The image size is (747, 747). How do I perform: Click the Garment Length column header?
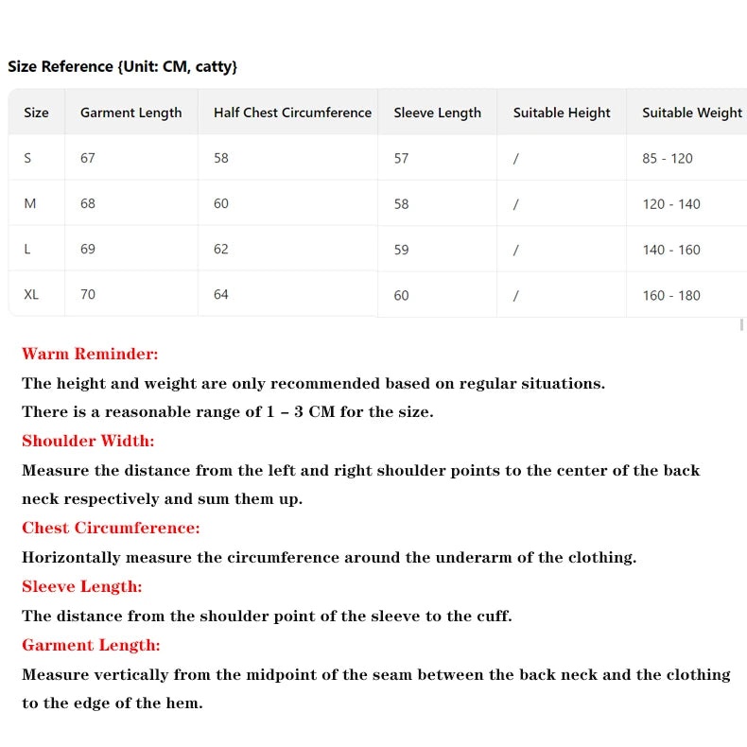(x=130, y=113)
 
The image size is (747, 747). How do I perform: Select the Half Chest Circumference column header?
(x=292, y=113)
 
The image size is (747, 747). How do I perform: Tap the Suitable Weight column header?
(x=692, y=113)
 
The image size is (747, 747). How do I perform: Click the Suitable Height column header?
(x=562, y=113)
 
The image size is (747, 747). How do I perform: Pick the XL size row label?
(x=31, y=294)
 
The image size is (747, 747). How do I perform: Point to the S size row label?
(x=27, y=158)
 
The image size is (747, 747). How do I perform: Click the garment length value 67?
(x=88, y=158)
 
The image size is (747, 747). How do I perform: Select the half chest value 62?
(x=221, y=249)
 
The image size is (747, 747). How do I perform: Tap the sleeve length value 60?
(x=402, y=295)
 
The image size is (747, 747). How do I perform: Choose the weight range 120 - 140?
(x=671, y=204)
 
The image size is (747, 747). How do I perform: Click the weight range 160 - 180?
(x=671, y=295)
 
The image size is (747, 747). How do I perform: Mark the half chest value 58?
(x=221, y=158)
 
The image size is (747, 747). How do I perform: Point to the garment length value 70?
(x=88, y=294)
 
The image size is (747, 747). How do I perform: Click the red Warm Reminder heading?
(x=90, y=354)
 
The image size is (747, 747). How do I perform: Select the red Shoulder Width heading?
(x=88, y=441)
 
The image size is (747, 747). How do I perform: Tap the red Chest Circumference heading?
(x=111, y=528)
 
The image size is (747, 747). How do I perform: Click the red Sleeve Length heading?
(x=81, y=586)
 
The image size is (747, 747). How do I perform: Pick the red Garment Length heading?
(x=91, y=645)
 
